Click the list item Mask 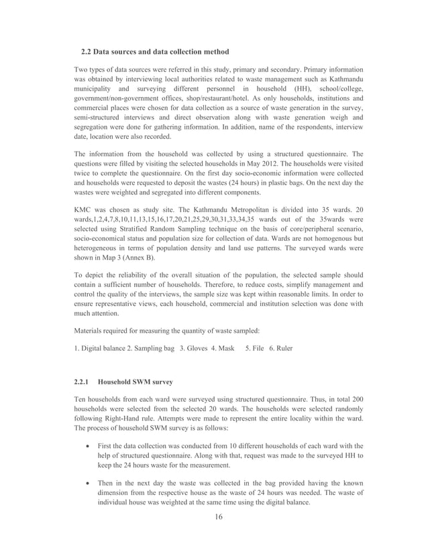coord(225,348)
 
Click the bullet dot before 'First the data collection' coord(89,446)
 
